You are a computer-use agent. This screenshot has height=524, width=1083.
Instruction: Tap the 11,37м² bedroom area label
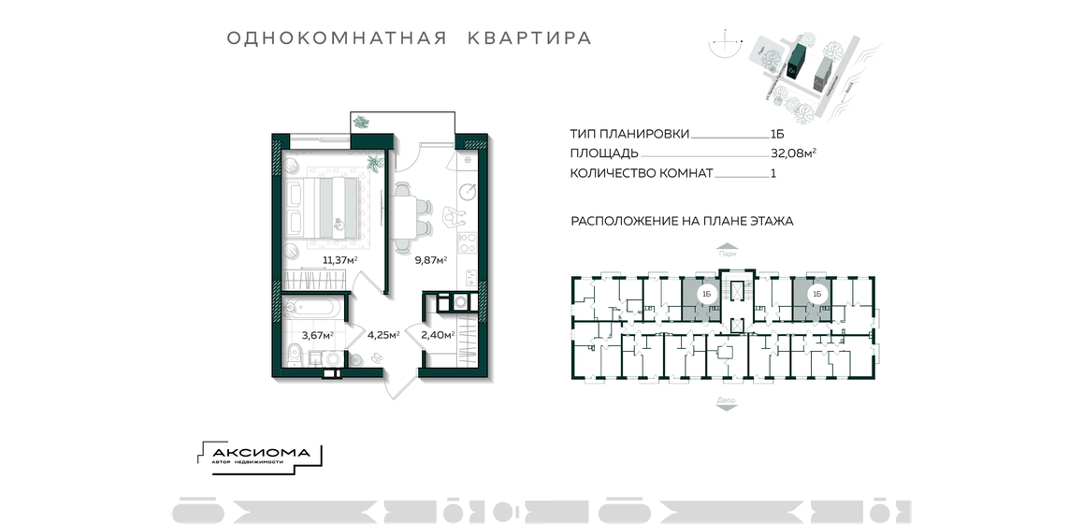[341, 260]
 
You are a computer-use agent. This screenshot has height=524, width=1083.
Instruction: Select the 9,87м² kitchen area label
[431, 260]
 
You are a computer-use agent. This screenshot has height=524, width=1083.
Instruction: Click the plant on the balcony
[362, 122]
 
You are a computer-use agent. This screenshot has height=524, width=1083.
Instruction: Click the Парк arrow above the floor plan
[728, 244]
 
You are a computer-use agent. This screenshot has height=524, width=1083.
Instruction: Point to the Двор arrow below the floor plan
[728, 405]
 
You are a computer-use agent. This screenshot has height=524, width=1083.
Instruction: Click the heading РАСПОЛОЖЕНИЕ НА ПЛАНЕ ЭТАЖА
[682, 222]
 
